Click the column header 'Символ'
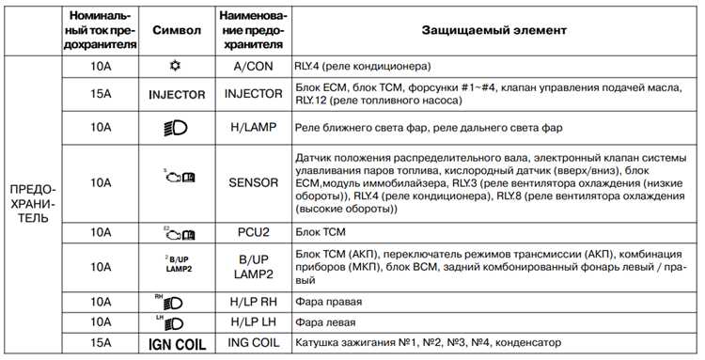(x=176, y=30)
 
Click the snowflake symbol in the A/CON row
(x=176, y=68)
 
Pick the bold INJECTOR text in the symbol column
(x=176, y=95)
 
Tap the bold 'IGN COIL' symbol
(x=176, y=343)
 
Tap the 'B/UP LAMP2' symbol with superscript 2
(x=176, y=266)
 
